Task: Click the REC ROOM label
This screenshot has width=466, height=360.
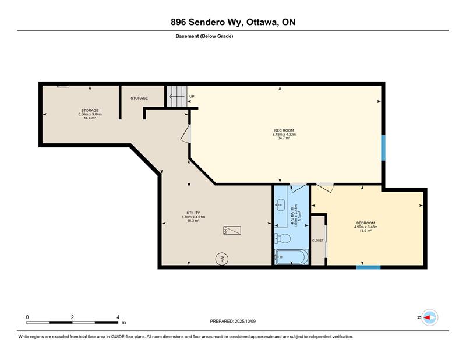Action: [x=284, y=130]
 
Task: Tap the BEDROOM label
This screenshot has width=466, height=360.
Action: [x=366, y=223]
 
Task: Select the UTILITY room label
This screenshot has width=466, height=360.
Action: [x=193, y=213]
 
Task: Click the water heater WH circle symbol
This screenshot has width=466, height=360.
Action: [x=222, y=259]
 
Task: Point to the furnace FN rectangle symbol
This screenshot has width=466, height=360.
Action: [x=232, y=230]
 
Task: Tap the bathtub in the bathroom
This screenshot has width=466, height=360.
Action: [x=291, y=257]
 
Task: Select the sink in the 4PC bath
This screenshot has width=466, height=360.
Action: [x=280, y=204]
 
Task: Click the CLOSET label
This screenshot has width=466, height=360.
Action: [x=317, y=241]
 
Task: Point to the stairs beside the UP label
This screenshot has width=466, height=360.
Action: [x=176, y=96]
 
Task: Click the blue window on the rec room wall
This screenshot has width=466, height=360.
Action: [x=383, y=148]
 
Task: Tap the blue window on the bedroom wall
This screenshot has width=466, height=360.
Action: [x=369, y=267]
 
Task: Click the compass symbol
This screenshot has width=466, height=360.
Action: [x=430, y=317]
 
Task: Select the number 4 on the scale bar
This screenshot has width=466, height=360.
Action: [x=118, y=317]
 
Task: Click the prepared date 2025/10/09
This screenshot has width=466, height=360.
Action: [x=245, y=322]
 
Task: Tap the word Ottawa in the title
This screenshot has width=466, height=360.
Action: [x=262, y=22]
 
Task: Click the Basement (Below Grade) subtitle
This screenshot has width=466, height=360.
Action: [x=204, y=36]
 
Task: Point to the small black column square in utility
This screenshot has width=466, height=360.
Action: [x=189, y=184]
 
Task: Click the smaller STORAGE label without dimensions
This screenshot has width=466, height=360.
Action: [x=139, y=98]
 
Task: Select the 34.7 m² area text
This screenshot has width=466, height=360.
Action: [x=284, y=138]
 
